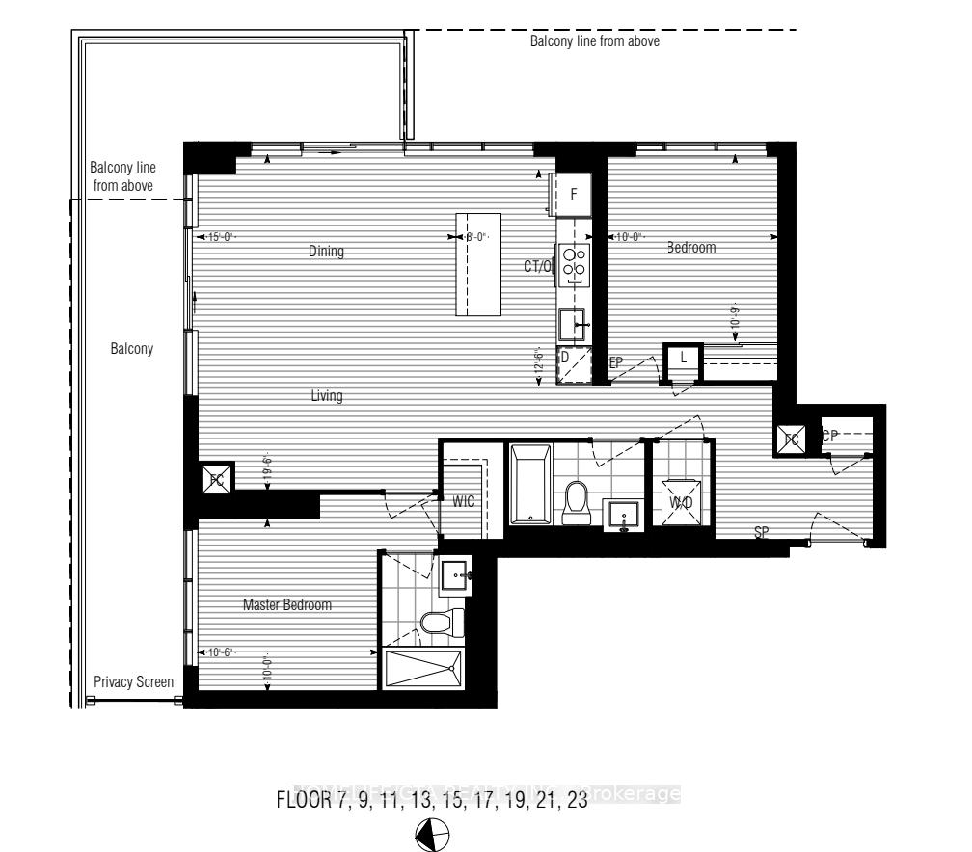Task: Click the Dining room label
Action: point(326,252)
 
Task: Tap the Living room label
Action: point(327,396)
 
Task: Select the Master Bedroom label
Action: point(286,605)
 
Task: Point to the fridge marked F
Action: point(573,194)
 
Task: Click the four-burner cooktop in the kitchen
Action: point(575,263)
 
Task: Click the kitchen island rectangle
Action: point(478,264)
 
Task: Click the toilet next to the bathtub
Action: point(577,501)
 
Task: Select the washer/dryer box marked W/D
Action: point(682,501)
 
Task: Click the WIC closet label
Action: point(463,502)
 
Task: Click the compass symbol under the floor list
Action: point(430,835)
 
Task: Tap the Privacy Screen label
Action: point(134,682)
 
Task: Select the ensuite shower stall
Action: point(423,668)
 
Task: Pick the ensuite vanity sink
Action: point(454,577)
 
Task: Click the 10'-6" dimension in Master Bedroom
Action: point(218,653)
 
